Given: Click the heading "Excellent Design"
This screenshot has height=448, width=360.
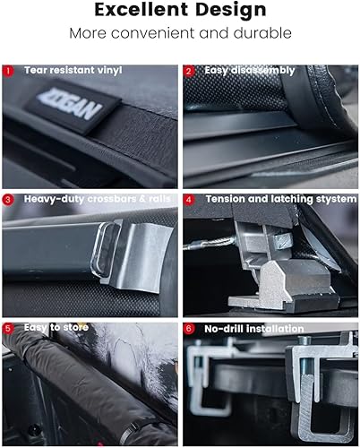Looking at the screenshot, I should tap(180, 12).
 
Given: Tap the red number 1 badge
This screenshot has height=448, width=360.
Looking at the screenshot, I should tap(9, 70).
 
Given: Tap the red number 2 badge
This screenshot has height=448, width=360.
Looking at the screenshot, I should tap(189, 70).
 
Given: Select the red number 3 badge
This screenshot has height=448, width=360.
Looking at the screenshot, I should tap(9, 199).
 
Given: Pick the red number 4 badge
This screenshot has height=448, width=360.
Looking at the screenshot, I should tap(189, 199).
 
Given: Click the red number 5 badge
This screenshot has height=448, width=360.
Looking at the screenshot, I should tap(9, 328).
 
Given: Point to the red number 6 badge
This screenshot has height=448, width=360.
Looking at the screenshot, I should tap(189, 328).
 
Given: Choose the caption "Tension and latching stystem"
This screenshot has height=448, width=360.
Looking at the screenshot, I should tap(280, 199).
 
